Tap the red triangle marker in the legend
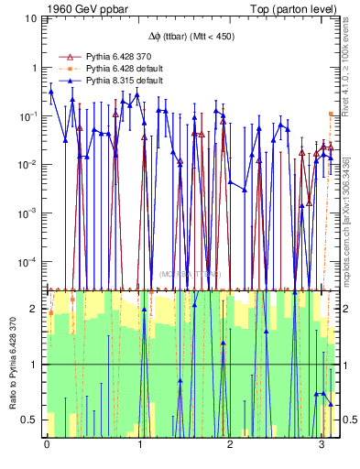[x=64, y=57]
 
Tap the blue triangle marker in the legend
[x=64, y=81]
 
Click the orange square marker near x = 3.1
[x=331, y=114]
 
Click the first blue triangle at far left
[x=51, y=92]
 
